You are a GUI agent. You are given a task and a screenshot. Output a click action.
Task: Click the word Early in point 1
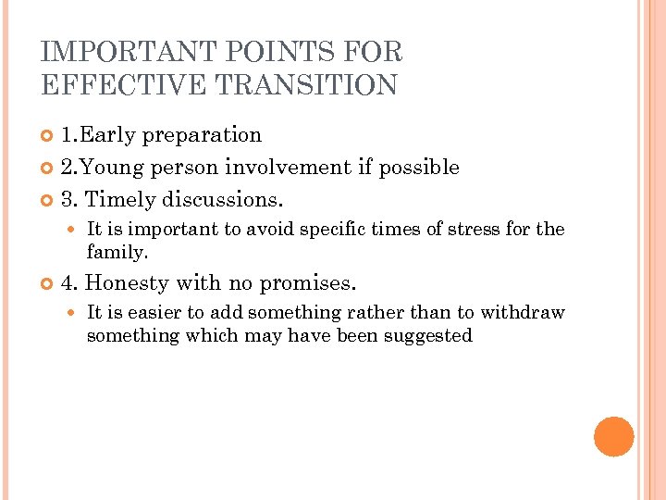pyautogui.click(x=108, y=135)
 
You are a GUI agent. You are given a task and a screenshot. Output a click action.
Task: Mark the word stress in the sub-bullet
pyautogui.click(x=471, y=230)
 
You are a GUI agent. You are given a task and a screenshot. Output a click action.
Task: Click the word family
pyautogui.click(x=117, y=252)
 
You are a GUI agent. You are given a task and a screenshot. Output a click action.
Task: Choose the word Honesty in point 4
pyautogui.click(x=125, y=283)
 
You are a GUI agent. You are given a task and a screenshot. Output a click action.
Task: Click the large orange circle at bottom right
pyautogui.click(x=613, y=437)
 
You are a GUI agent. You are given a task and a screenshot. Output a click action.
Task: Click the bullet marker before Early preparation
pyautogui.click(x=48, y=136)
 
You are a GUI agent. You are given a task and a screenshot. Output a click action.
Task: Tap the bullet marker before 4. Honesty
pyautogui.click(x=48, y=284)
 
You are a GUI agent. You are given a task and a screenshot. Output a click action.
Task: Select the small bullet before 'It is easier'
pyautogui.click(x=75, y=314)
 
